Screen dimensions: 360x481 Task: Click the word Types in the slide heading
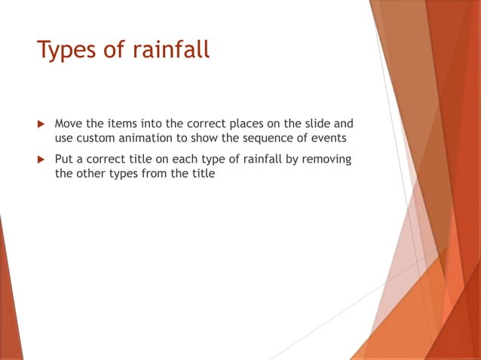pyautogui.click(x=63, y=50)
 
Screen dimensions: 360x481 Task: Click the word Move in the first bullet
pyautogui.click(x=69, y=123)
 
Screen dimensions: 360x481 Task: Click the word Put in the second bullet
pyautogui.click(x=65, y=160)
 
